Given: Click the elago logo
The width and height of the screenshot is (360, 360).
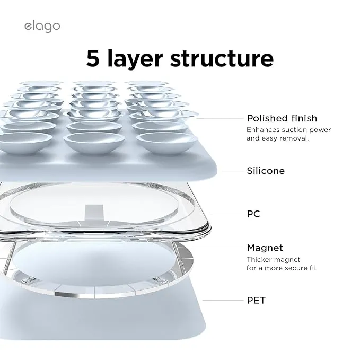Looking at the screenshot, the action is [x=42, y=27].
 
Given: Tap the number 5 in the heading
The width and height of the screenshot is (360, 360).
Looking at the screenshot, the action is [x=93, y=58].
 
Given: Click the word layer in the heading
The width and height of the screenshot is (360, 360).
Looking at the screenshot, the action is [x=135, y=59].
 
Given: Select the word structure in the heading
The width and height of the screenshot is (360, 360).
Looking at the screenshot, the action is [x=222, y=58].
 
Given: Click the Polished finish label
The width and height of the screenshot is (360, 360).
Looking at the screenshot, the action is [x=282, y=118].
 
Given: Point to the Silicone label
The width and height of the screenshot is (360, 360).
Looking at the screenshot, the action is [x=266, y=171].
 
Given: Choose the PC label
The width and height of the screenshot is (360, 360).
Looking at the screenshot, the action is [x=253, y=214].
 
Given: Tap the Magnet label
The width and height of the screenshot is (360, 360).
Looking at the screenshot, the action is [x=265, y=248].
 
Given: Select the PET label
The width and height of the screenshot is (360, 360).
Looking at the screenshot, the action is [x=256, y=300].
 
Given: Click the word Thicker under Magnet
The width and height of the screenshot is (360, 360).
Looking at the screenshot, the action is [x=259, y=259].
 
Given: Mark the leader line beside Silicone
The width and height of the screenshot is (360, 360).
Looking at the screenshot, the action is [x=232, y=171].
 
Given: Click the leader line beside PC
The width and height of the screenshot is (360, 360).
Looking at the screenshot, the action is [x=226, y=214].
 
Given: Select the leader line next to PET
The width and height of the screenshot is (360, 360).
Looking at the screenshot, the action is [x=223, y=300].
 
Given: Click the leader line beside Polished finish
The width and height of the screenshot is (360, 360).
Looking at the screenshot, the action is [x=220, y=118].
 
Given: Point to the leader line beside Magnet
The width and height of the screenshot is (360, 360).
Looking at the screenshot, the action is [x=218, y=248].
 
